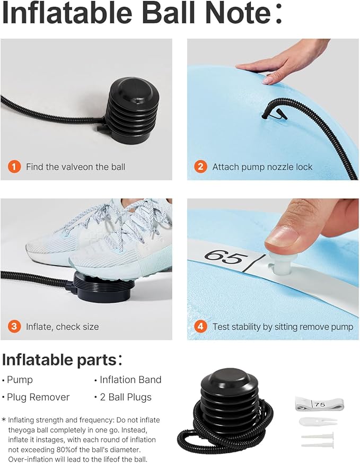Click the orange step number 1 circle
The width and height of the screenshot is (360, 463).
point(14,167)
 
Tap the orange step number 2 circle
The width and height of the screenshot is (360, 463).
point(200,167)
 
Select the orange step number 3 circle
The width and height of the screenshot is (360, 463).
point(14,327)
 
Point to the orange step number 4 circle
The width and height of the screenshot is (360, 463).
point(200,327)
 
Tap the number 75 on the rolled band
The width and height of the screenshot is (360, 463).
point(320,404)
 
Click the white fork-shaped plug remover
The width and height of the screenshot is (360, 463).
point(318,421)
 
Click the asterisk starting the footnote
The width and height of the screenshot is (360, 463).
point(4,420)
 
